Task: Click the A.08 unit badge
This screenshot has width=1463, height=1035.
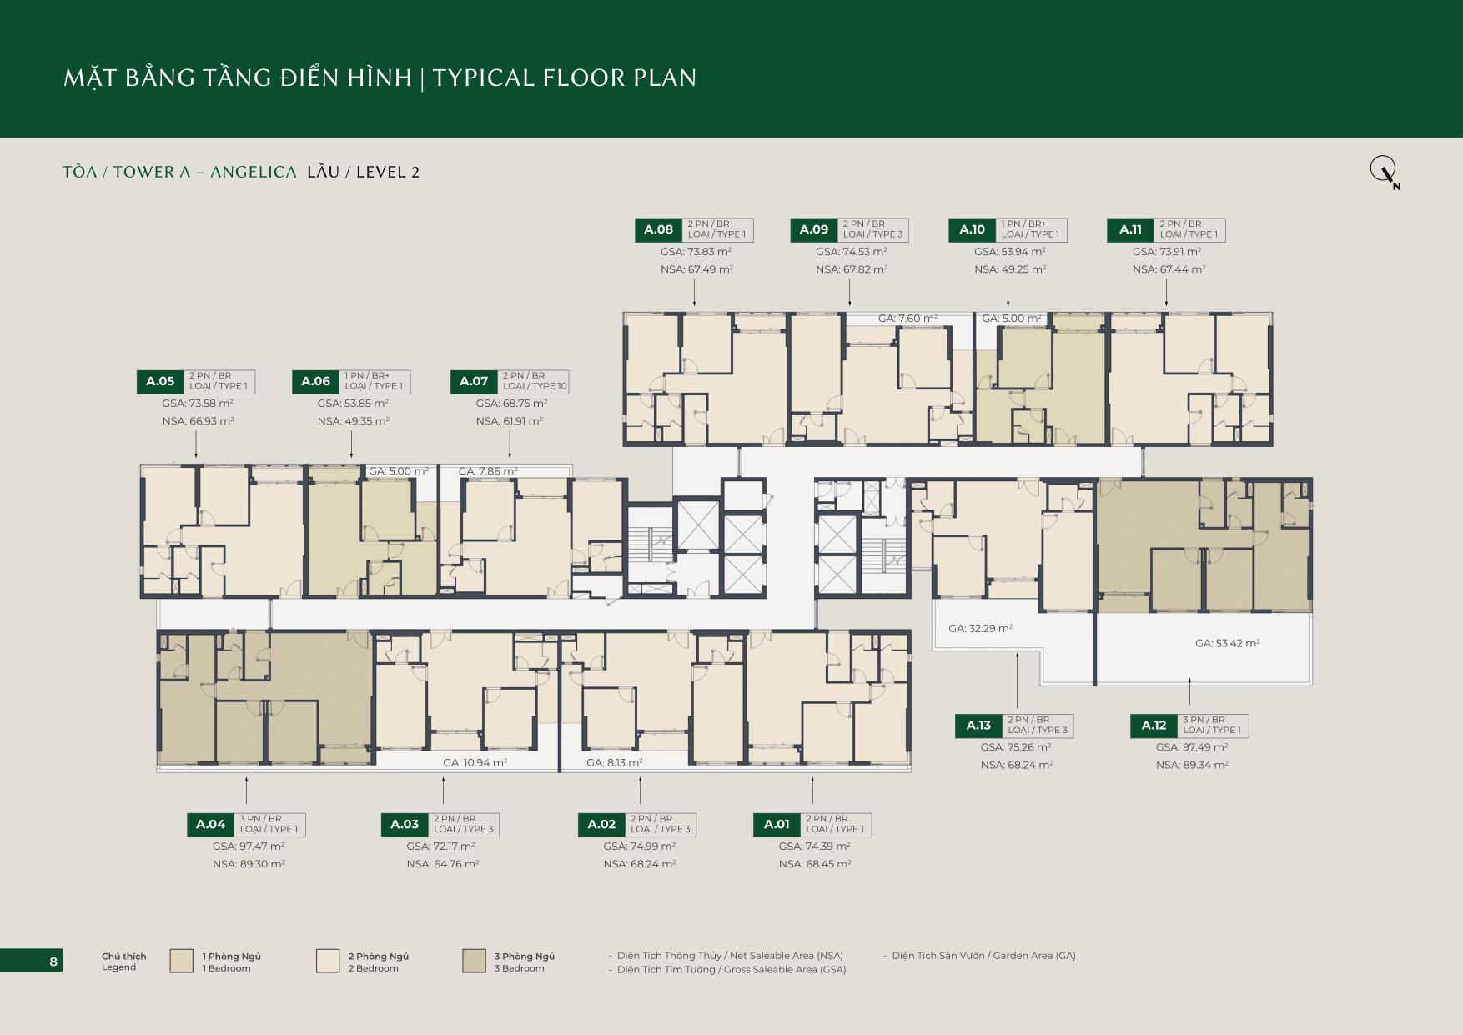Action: coord(658,229)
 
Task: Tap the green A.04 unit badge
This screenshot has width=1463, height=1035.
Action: coord(211,824)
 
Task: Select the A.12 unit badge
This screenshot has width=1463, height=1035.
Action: coord(1154,726)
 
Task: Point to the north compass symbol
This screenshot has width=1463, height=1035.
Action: coord(1385,173)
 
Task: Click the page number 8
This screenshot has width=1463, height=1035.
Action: coord(53,962)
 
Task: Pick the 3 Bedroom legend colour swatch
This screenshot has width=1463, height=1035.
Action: coord(474,961)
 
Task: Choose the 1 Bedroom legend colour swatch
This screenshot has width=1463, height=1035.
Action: coord(181,961)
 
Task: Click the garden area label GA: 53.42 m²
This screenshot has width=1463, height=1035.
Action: coord(1227,643)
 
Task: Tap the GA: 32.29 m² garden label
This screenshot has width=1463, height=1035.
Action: coord(980,628)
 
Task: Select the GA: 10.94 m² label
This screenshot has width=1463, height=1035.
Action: coord(475,762)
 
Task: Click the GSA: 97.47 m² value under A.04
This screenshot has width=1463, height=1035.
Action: coord(249,846)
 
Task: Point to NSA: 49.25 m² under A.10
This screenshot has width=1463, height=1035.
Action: coord(1010,269)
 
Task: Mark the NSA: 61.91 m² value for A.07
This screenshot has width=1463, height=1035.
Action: coord(509,421)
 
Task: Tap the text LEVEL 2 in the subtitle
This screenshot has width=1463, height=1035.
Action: coord(388,173)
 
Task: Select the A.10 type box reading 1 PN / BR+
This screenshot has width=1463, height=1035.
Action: coord(1032,229)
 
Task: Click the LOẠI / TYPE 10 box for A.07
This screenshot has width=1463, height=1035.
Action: coord(534,381)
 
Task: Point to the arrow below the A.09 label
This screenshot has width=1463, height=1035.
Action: coord(849,292)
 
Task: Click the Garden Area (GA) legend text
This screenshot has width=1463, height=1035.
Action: coord(983,956)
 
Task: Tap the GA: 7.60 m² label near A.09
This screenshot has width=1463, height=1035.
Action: coord(907,319)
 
